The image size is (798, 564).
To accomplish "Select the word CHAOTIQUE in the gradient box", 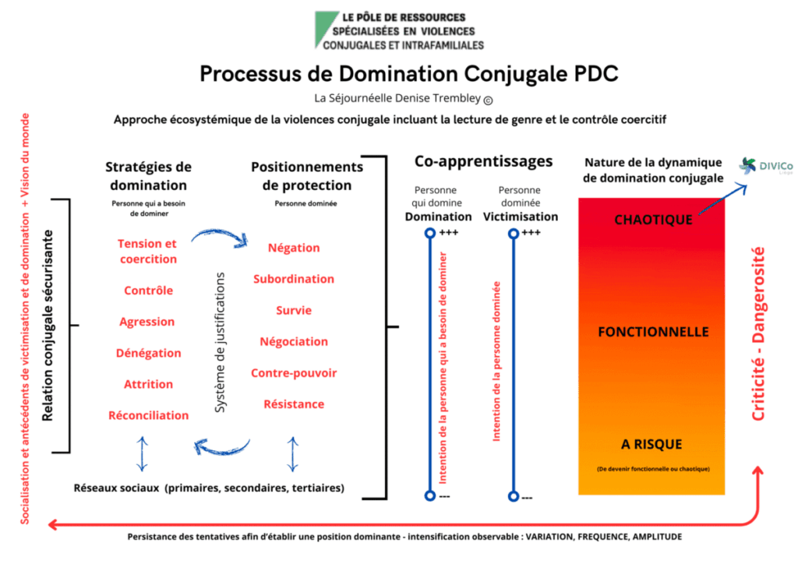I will pos(653,220).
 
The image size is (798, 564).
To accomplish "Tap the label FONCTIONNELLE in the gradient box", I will pos(653,332).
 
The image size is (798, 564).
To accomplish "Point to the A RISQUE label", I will pos(651,444).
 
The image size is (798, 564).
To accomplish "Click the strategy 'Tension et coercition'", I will pos(148,252).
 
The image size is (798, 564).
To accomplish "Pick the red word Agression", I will pos(147,322).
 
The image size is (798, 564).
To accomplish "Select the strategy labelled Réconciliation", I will pos(148,415).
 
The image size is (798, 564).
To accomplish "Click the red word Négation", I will pos(294,248).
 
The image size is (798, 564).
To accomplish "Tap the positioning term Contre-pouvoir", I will pos(294,373).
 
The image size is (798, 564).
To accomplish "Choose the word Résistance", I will pos(294,404).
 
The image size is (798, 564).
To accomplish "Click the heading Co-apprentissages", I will pos(483,161).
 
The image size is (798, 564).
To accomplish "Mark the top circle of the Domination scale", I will pos(429,233).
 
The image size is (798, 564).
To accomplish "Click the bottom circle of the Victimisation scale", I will pos(513,495).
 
